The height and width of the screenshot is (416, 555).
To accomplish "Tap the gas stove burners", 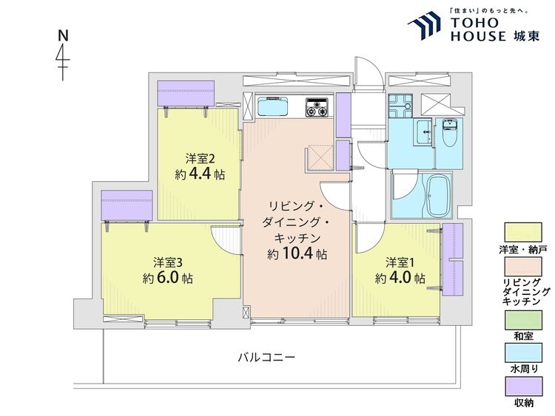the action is (317, 107).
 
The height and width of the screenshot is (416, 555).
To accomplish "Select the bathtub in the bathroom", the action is (439, 196).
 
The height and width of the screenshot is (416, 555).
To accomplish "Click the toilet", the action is (449, 133).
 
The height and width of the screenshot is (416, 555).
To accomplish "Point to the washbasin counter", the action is (423, 132).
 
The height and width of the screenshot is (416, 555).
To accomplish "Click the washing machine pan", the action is (400, 106).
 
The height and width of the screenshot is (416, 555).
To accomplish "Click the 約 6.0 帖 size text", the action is (168, 278).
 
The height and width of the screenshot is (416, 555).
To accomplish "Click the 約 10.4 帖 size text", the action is (297, 253).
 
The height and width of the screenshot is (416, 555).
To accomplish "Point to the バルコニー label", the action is (266, 358).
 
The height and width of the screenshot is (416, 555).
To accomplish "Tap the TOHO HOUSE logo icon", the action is (424, 24).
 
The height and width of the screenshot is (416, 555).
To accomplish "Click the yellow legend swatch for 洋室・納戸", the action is (523, 232).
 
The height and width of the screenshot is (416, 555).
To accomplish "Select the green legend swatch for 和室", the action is (523, 320).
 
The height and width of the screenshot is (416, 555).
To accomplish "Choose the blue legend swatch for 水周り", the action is (523, 352).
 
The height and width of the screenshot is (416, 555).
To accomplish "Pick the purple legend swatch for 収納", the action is (523, 386).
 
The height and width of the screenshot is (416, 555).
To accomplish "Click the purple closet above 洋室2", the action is (186, 93).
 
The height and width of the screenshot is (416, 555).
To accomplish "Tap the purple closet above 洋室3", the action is (127, 205).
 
